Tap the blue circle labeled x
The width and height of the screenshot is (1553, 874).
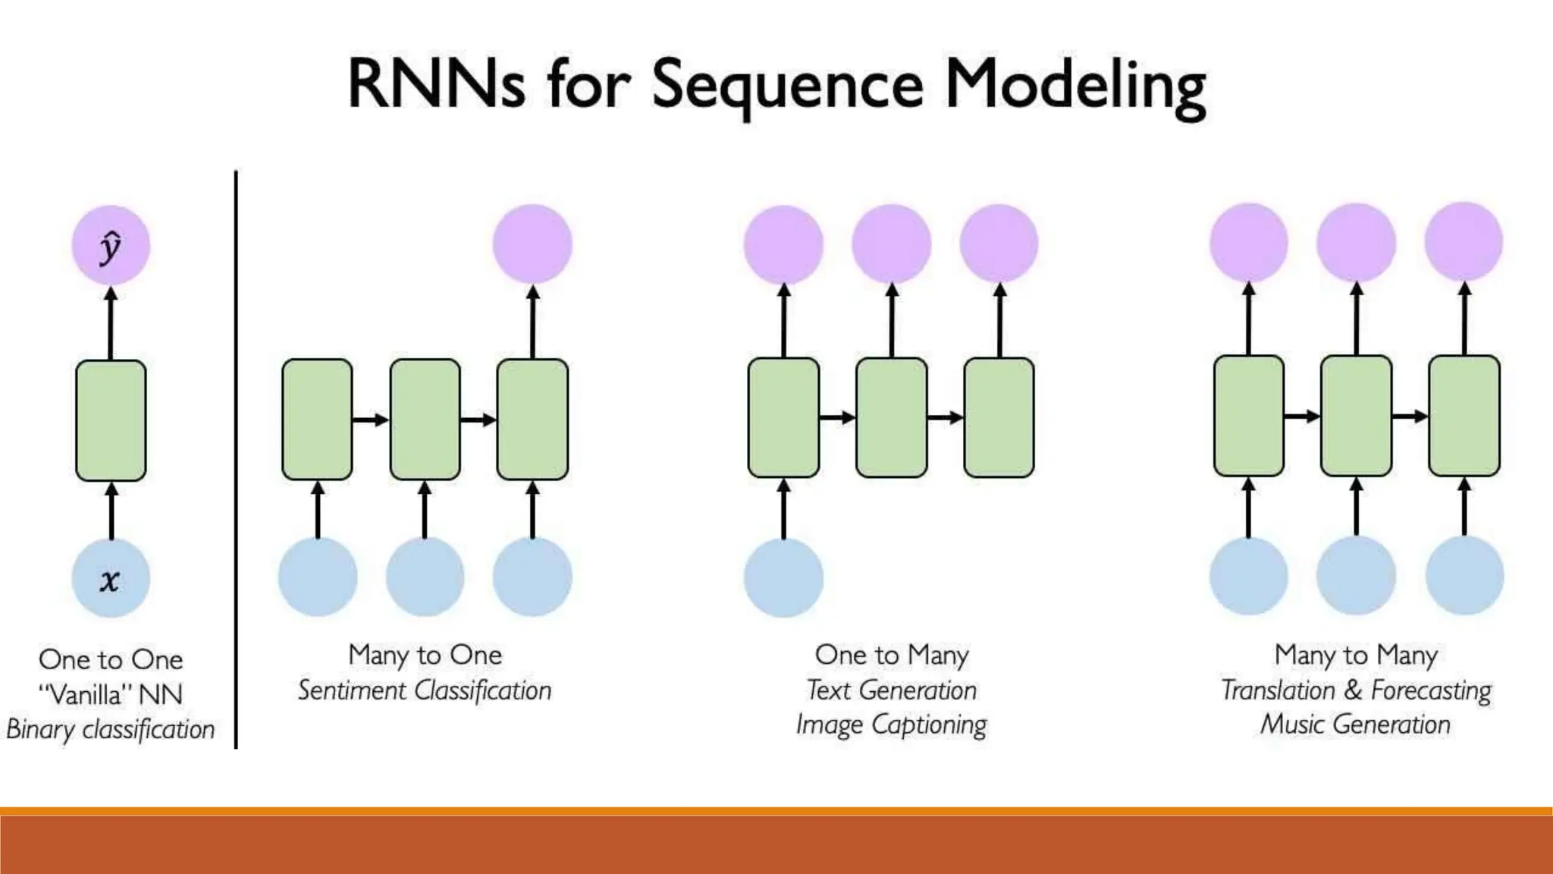111,578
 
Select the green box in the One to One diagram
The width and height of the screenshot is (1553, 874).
111,420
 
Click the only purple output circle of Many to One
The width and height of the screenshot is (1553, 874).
532,244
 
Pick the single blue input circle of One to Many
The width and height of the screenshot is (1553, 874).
783,577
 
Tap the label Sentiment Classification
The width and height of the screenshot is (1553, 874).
425,690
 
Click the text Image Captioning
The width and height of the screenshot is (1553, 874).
891,725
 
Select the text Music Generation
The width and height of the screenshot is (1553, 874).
1356,725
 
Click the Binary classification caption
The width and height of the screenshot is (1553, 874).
111,729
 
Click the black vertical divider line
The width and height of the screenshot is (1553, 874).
236,455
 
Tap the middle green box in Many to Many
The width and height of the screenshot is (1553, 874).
1356,416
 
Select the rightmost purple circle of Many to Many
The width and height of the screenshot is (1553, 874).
1464,241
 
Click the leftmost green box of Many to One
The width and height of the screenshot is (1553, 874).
317,420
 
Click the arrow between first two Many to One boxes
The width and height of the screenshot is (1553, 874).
371,420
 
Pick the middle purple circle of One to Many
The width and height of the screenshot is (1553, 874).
891,244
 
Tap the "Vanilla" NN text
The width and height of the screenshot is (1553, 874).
111,694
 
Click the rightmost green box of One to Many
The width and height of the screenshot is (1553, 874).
999,417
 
